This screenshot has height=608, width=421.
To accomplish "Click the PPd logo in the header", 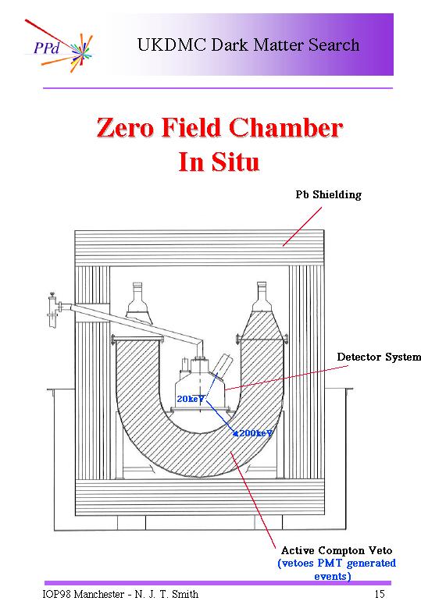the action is click(59, 46).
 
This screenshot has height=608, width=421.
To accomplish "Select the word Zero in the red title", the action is click(125, 127).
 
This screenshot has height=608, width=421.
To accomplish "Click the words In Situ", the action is click(219, 162).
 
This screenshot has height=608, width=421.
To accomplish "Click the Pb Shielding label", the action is click(328, 194).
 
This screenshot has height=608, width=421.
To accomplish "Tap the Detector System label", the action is click(379, 357).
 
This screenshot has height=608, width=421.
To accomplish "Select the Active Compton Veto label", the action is click(337, 550).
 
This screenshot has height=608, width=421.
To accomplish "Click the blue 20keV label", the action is click(190, 399).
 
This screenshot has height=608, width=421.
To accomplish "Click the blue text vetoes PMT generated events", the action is click(337, 569).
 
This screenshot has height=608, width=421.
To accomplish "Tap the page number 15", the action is click(380, 594).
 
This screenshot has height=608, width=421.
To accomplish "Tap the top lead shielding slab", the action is click(199, 248).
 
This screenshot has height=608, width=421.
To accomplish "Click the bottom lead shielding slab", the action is click(199, 497).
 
